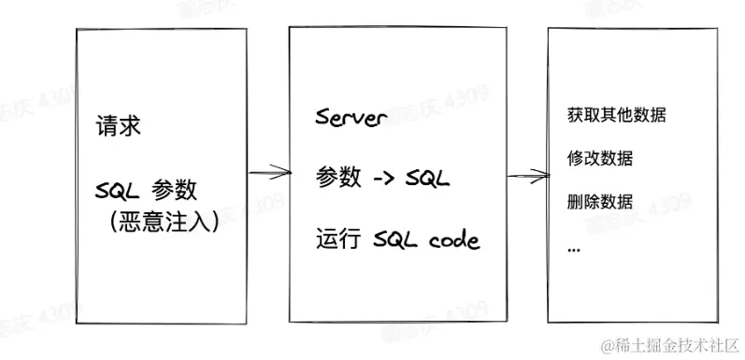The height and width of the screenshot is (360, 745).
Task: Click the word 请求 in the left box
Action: pyautogui.click(x=119, y=125)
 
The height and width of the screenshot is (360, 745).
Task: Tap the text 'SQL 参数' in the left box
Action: pyautogui.click(x=147, y=190)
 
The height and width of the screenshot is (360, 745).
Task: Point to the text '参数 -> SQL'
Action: pyautogui.click(x=383, y=176)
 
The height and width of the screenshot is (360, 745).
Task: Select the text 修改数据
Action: pyautogui.click(x=600, y=159)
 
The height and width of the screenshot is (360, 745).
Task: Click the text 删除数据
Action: pyautogui.click(x=600, y=202)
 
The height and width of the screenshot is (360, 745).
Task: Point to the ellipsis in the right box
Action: pyautogui.click(x=574, y=248)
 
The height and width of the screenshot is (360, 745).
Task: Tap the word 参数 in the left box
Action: pyautogui.click(x=174, y=190)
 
